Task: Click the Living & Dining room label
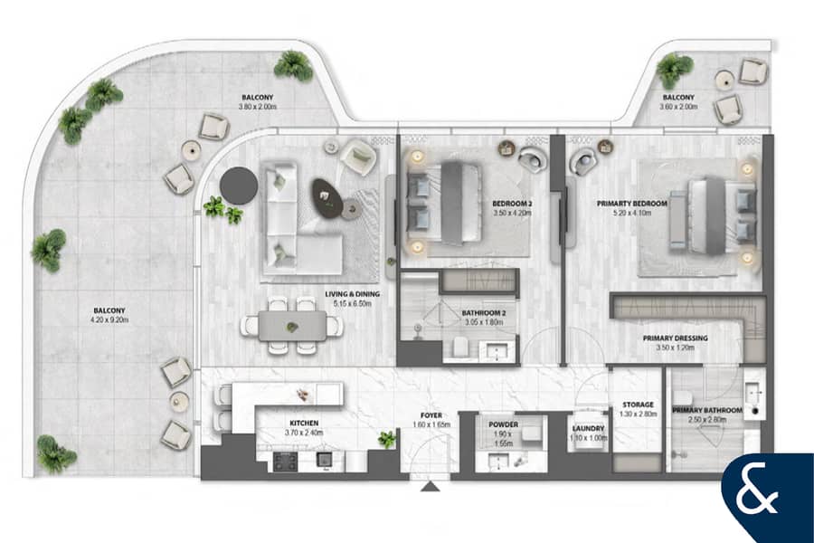[x=353, y=294]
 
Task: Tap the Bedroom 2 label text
[x=512, y=204]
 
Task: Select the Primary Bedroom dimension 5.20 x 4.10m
[x=632, y=213]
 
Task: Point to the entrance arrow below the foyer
[x=430, y=486]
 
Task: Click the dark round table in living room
[x=239, y=186]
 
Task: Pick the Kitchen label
[x=304, y=423]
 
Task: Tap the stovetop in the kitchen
[x=286, y=462]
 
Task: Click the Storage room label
[x=638, y=405]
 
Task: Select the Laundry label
[x=588, y=428]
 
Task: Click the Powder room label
[x=503, y=424]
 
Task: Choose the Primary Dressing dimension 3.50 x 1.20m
[x=675, y=348]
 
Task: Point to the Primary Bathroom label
[x=707, y=411]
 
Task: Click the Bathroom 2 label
[x=483, y=313]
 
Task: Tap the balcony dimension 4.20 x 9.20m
[x=109, y=320]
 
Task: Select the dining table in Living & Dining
[x=292, y=326]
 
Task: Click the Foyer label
[x=431, y=415]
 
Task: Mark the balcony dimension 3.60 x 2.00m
[x=678, y=107]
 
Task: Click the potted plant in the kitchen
[x=387, y=440]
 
